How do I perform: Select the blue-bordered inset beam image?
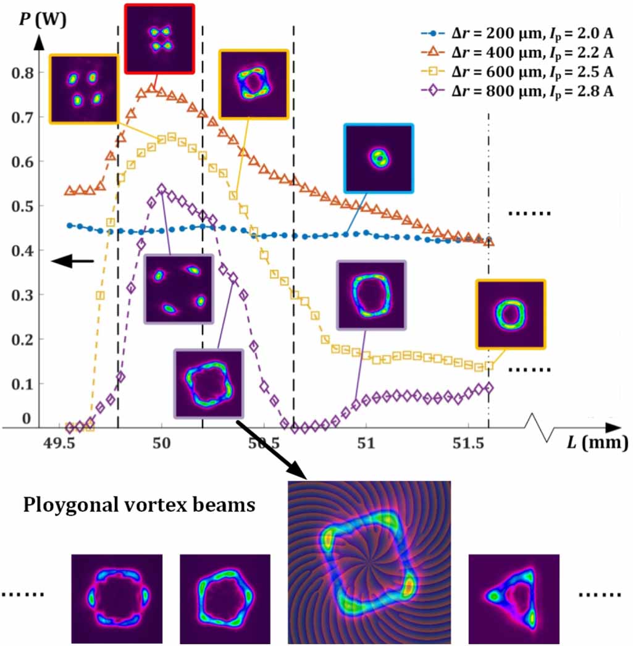pos(378,158)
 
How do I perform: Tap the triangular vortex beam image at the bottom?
pos(514,598)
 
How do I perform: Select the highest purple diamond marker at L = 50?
pos(162,188)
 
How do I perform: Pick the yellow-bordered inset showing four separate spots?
pos(83,88)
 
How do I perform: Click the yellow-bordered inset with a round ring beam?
pos(510,314)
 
